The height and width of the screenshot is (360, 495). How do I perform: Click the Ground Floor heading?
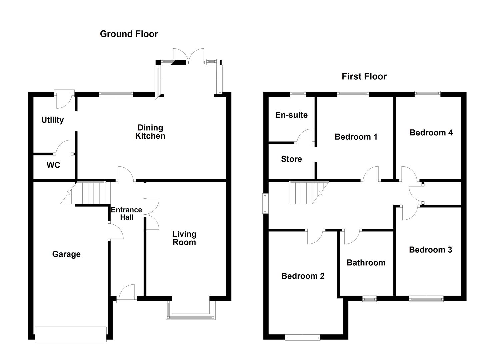pyautogui.click(x=129, y=34)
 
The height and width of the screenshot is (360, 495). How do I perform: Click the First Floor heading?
pyautogui.click(x=364, y=76)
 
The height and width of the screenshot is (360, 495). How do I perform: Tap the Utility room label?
pyautogui.click(x=52, y=120)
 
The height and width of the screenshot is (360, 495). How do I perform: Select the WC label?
pyautogui.click(x=53, y=165)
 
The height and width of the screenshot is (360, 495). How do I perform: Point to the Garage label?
pyautogui.click(x=66, y=254)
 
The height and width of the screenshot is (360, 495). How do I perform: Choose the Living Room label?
pyautogui.click(x=184, y=238)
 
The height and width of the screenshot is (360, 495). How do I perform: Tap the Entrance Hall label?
pyautogui.click(x=126, y=213)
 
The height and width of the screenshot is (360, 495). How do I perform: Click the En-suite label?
pyautogui.click(x=291, y=115)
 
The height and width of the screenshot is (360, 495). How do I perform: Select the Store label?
pyautogui.click(x=291, y=159)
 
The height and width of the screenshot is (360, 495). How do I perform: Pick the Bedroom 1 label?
pyautogui.click(x=356, y=137)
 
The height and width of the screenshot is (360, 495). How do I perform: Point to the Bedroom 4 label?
pyautogui.click(x=431, y=133)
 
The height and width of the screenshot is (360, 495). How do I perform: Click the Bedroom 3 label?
pyautogui.click(x=430, y=250)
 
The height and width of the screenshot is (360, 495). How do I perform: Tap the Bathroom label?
pyautogui.click(x=366, y=263)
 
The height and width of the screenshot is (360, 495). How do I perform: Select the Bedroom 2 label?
pyautogui.click(x=303, y=276)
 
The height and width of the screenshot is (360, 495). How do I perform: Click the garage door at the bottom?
pyautogui.click(x=71, y=334)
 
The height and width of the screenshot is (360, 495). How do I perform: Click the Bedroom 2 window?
pyautogui.click(x=303, y=338)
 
